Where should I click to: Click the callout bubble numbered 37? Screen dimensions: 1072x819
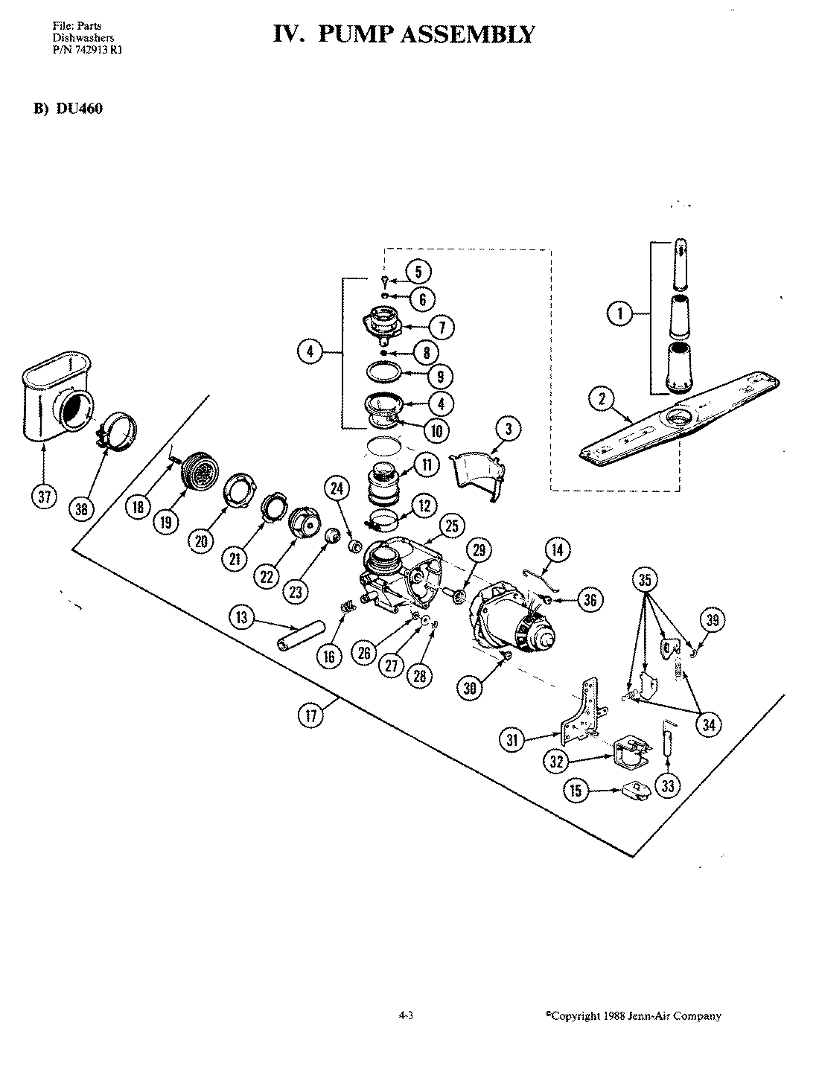click(44, 497)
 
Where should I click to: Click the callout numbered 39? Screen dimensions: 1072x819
click(713, 619)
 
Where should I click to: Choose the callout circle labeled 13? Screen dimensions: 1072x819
click(243, 617)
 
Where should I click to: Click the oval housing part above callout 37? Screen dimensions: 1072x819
click(57, 400)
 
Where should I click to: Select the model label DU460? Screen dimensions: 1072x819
click(77, 108)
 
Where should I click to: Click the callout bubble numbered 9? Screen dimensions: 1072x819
click(440, 376)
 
